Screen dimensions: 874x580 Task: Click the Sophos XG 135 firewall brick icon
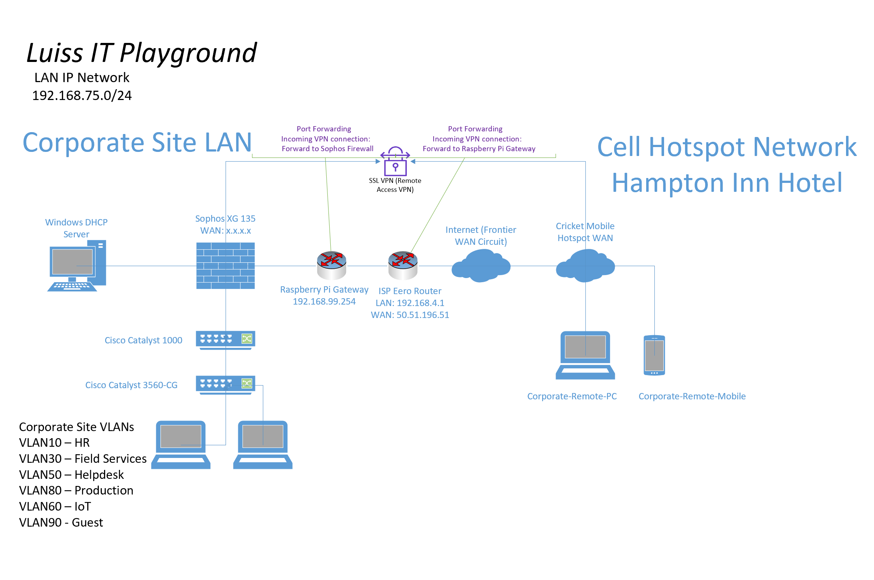226,266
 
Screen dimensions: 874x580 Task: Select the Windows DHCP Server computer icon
77,266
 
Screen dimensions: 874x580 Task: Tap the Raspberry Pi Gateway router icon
331,265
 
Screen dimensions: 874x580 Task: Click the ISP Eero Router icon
403,265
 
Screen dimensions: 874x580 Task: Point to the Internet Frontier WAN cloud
481,266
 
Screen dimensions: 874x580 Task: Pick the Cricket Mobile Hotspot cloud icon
585,266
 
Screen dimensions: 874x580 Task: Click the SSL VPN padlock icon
395,161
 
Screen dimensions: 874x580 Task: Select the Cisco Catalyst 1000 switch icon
226,340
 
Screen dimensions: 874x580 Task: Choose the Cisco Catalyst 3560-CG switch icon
226,385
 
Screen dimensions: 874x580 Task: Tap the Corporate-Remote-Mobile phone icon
654,355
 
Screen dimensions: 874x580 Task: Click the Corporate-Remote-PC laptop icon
585,355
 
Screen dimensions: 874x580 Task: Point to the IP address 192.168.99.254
324,302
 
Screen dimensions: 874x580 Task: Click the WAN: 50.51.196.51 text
410,315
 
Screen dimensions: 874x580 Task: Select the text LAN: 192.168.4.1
410,303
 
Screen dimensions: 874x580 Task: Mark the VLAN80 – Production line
76,490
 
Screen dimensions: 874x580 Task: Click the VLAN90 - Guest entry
61,523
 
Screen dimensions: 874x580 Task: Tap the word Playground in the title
188,53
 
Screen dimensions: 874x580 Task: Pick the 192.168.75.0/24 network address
82,96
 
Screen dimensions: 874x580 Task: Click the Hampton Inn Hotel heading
727,183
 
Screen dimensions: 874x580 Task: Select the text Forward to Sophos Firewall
327,149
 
